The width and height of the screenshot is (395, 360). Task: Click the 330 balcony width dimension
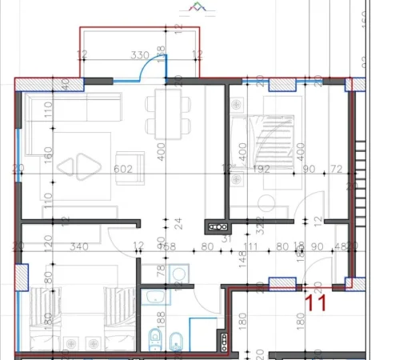coord(141,55)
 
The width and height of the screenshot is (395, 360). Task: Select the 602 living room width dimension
coord(122,169)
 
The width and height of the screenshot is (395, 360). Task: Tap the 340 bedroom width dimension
coord(79,246)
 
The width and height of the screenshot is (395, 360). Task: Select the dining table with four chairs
coord(169,113)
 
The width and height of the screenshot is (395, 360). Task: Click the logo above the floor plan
coord(195,8)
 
